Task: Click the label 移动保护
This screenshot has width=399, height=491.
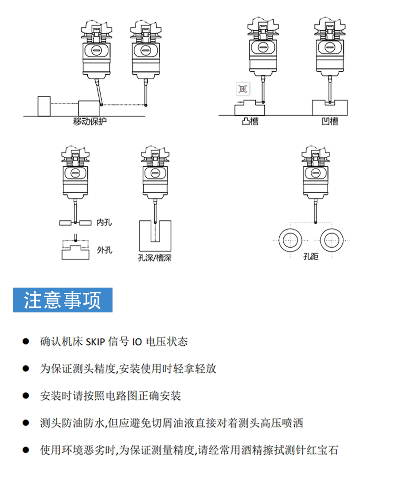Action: pyautogui.click(x=90, y=121)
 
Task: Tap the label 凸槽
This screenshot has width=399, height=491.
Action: pyautogui.click(x=250, y=121)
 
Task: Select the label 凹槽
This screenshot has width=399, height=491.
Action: pyautogui.click(x=329, y=121)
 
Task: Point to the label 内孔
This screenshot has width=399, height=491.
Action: pyautogui.click(x=104, y=222)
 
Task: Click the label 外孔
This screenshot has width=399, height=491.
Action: pyautogui.click(x=105, y=250)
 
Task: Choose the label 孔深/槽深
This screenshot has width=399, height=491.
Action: pyautogui.click(x=154, y=258)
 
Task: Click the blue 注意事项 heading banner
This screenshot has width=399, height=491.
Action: pyautogui.click(x=63, y=300)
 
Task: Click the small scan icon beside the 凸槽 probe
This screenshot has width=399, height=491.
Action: pyautogui.click(x=243, y=89)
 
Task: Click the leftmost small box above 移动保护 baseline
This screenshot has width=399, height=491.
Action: pyautogui.click(x=44, y=106)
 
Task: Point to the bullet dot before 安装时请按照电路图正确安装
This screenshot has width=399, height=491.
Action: pyautogui.click(x=26, y=396)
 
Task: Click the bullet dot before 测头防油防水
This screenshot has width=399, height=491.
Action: pyautogui.click(x=26, y=423)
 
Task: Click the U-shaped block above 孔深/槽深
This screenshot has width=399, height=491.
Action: pyautogui.click(x=155, y=237)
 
